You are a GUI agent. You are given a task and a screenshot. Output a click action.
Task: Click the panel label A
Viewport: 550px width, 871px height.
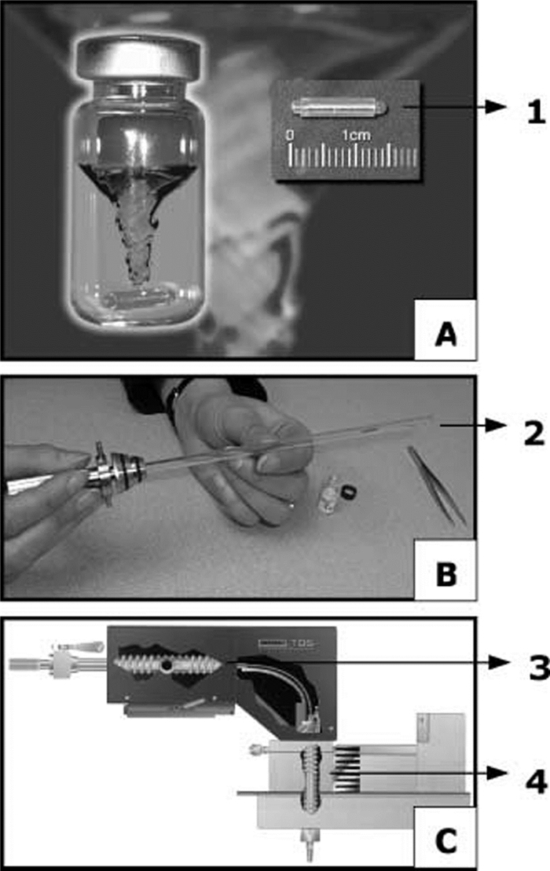445,335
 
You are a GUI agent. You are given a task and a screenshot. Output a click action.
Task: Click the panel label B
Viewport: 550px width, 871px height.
446,574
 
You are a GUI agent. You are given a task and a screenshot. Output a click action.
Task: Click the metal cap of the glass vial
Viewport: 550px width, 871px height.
137,58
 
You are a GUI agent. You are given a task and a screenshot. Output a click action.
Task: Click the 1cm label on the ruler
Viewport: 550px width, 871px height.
356,135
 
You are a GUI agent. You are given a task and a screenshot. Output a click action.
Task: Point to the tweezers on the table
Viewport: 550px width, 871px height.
437,485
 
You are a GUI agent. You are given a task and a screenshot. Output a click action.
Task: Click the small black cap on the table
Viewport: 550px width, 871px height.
348,491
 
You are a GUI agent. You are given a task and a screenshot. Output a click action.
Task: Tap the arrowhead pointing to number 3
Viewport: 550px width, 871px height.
498,662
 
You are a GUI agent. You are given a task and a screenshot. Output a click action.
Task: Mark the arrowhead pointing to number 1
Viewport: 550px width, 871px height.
496,107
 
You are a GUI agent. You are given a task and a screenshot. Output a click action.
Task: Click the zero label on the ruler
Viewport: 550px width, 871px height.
290,135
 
